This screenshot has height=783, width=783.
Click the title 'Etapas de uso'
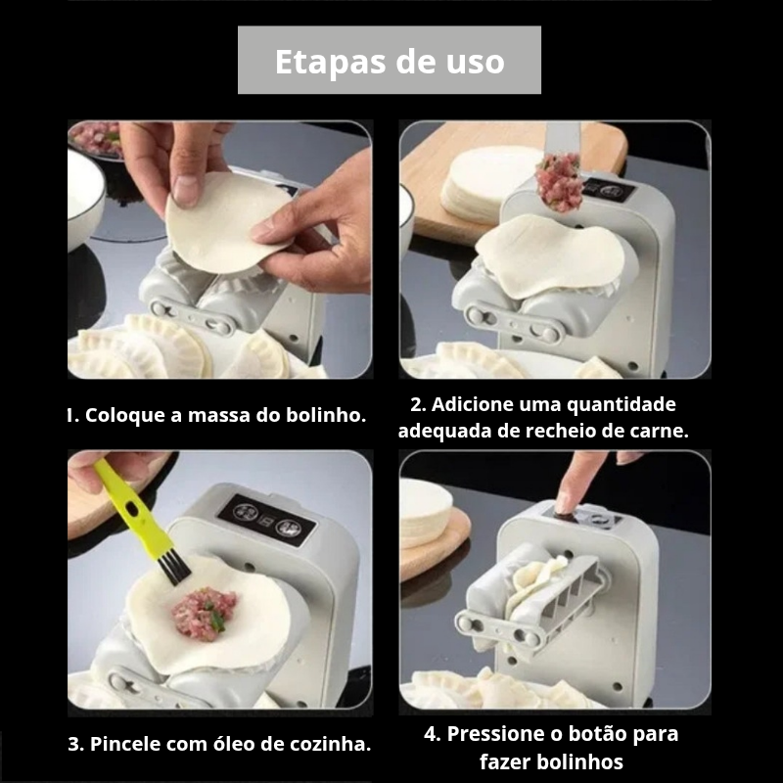tap(390, 62)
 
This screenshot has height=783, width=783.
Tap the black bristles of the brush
tap(173, 567)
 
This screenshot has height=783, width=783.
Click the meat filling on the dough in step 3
tap(203, 612)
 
